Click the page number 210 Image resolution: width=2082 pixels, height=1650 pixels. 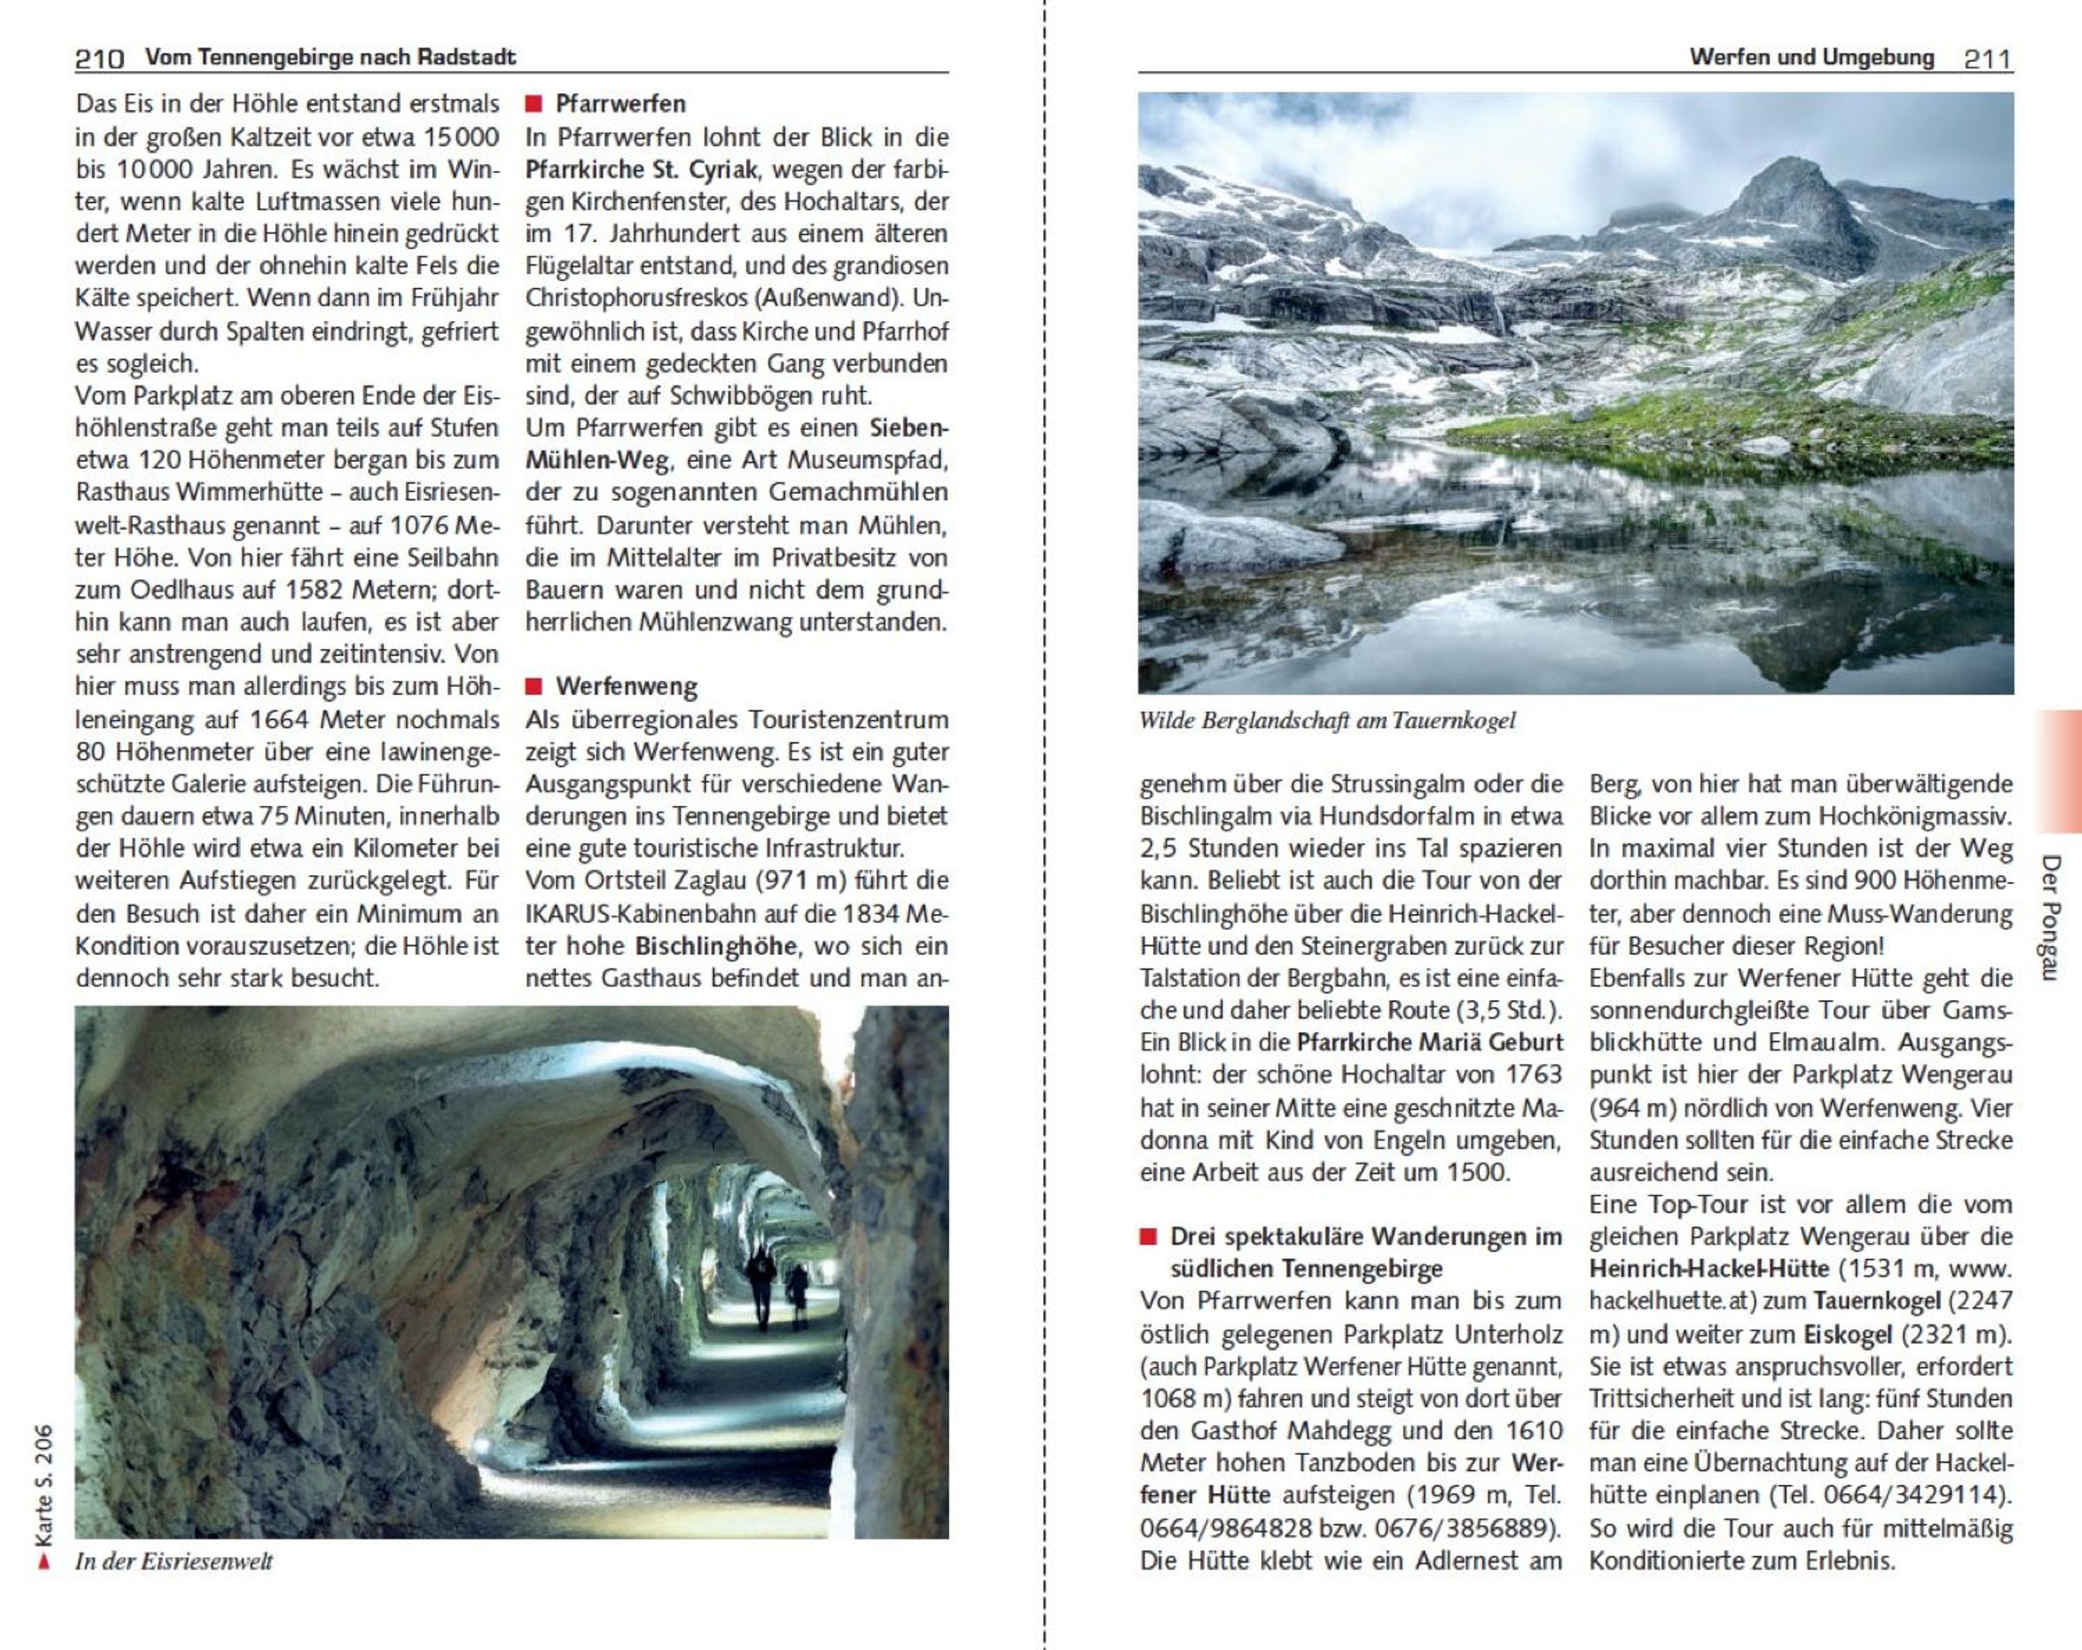(x=100, y=59)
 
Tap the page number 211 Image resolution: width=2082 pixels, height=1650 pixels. (x=1987, y=59)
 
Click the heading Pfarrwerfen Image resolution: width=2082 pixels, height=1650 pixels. (x=620, y=103)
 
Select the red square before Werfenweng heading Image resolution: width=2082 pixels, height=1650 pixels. (x=533, y=686)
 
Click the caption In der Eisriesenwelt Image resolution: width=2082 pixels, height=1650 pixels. (x=173, y=1562)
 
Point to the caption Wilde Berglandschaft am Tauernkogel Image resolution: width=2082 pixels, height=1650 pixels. (x=1326, y=720)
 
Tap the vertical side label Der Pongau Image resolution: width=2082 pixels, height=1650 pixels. (x=2051, y=916)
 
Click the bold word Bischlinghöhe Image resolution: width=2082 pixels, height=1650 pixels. (x=716, y=946)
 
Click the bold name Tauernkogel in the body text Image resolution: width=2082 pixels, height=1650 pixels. (x=1877, y=1301)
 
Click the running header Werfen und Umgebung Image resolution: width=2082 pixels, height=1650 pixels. (x=1811, y=57)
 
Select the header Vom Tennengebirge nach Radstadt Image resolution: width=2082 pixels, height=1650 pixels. (x=331, y=57)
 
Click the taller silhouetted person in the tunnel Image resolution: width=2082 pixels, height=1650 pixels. (x=761, y=1285)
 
